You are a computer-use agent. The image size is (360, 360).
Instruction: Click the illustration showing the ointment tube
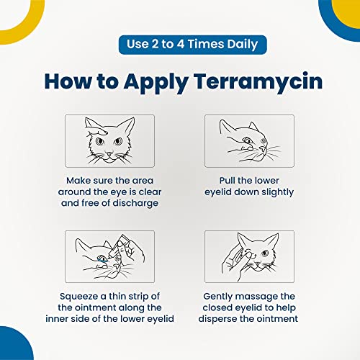click(109, 256)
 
